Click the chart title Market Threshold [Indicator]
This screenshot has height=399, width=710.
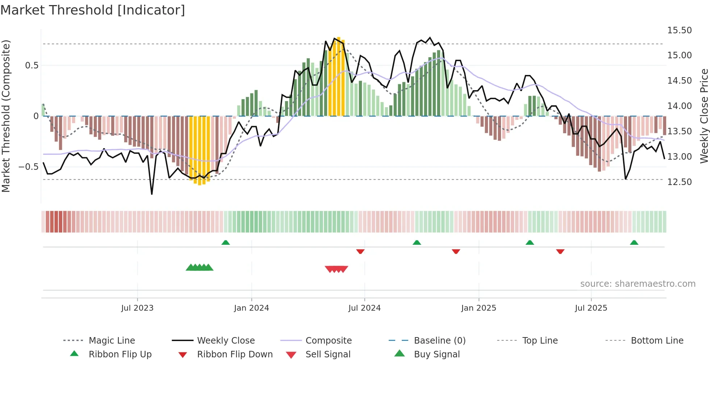(93, 10)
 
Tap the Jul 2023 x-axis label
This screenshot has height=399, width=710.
(137, 308)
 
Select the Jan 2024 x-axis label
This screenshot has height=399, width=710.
(251, 308)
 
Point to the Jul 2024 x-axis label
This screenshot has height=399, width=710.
(364, 308)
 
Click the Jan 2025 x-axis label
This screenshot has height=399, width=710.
(479, 308)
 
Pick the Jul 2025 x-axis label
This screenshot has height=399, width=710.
(591, 308)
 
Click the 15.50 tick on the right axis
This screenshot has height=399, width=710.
(679, 30)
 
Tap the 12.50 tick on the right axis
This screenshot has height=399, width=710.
(679, 182)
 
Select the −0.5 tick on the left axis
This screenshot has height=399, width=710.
(28, 167)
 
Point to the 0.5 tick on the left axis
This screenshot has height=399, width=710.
(32, 66)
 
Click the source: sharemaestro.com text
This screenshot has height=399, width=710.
(638, 284)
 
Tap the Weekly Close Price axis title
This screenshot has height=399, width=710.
(704, 116)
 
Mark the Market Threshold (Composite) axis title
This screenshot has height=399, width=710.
(6, 116)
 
